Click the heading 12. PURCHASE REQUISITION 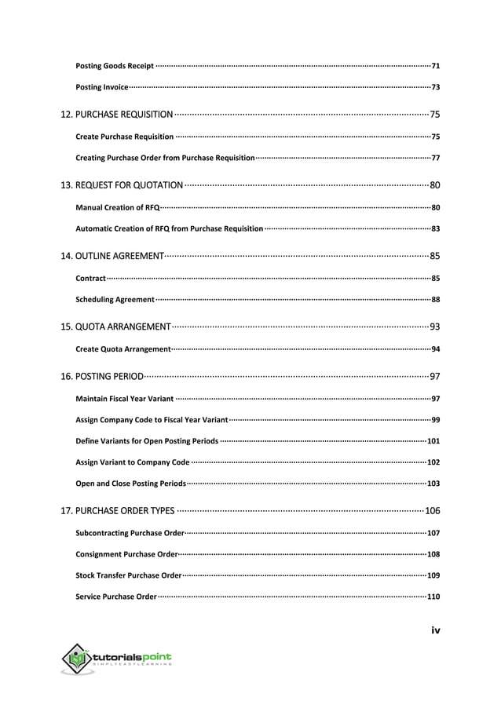click(117, 115)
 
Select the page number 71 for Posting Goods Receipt click(435, 64)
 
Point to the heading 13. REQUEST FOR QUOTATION click(122, 186)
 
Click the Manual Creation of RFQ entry click(117, 208)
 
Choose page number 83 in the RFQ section click(435, 229)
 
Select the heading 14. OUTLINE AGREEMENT click(112, 256)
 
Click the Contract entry click(90, 278)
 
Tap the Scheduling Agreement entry click(115, 300)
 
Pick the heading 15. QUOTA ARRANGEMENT click(115, 327)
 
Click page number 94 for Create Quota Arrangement click(435, 349)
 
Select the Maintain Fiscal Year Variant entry click(124, 399)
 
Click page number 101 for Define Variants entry click(433, 441)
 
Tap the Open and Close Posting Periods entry click(130, 484)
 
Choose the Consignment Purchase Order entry click(126, 554)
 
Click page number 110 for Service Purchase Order click(433, 597)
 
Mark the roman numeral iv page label click(435, 630)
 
